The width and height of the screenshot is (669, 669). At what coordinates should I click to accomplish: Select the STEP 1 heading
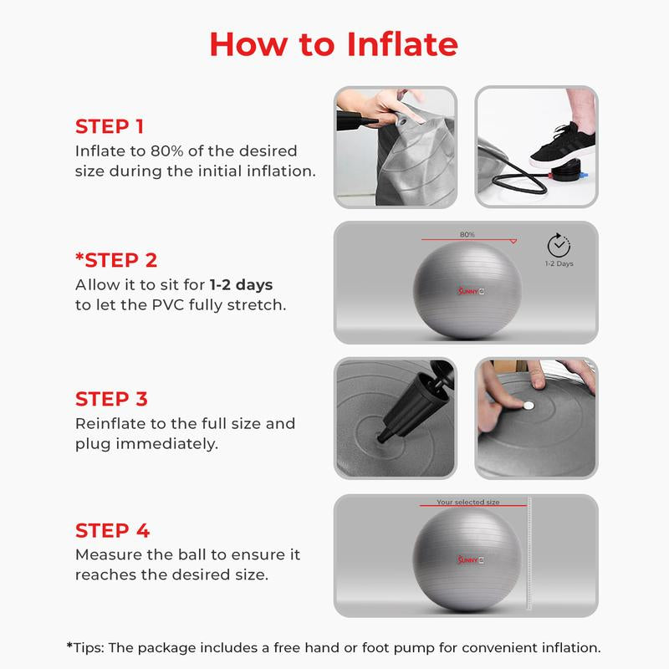click(x=110, y=126)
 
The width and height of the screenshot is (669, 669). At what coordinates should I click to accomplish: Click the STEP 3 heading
click(x=112, y=398)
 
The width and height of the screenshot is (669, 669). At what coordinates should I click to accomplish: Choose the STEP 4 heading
click(x=112, y=530)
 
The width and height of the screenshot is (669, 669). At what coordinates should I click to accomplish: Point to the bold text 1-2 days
click(x=243, y=283)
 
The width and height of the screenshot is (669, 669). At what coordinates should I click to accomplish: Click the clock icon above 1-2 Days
click(x=559, y=245)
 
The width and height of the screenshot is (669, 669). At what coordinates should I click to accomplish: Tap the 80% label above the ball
click(x=467, y=235)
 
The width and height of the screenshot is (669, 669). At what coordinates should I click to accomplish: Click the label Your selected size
click(x=467, y=503)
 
